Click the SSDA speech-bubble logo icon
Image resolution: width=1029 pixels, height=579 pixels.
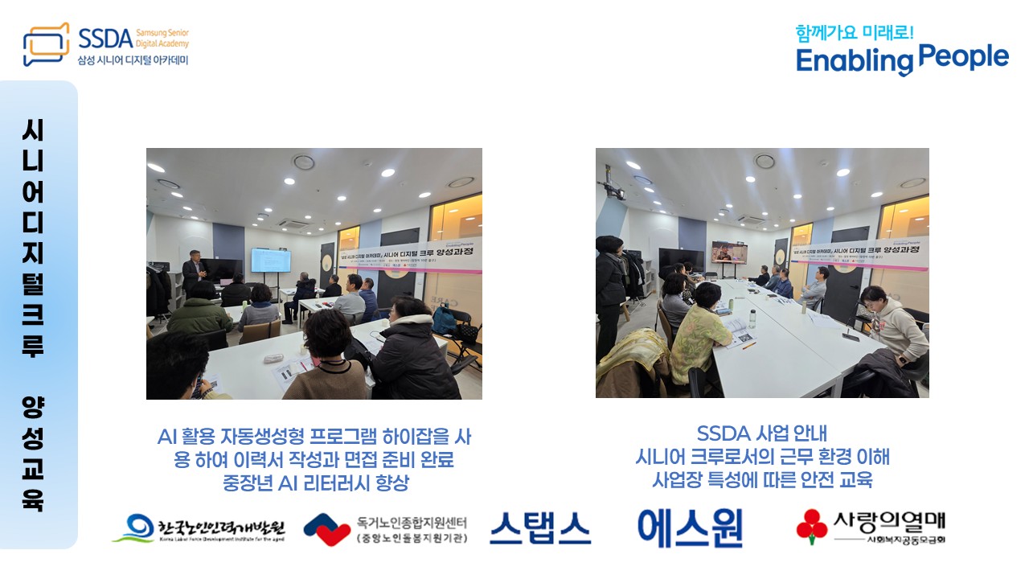point(46,44)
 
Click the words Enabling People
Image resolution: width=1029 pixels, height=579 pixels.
point(902,59)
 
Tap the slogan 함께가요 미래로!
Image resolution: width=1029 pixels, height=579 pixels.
point(855,33)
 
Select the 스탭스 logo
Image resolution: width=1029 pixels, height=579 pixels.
point(539,528)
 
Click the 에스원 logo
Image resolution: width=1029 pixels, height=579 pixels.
point(690,528)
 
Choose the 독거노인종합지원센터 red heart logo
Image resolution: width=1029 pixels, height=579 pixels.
point(327,529)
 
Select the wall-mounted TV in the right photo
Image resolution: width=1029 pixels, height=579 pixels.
point(728,253)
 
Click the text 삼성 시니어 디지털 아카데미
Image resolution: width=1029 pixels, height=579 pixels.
point(133,60)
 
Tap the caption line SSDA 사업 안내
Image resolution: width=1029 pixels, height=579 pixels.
point(756,434)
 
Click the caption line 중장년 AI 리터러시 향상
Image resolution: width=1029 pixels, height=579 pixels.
point(315,483)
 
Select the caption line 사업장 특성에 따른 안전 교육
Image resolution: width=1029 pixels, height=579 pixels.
point(761,481)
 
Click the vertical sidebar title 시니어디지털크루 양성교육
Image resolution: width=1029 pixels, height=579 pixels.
point(33,314)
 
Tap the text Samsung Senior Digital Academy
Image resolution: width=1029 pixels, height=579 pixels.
point(162,37)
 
